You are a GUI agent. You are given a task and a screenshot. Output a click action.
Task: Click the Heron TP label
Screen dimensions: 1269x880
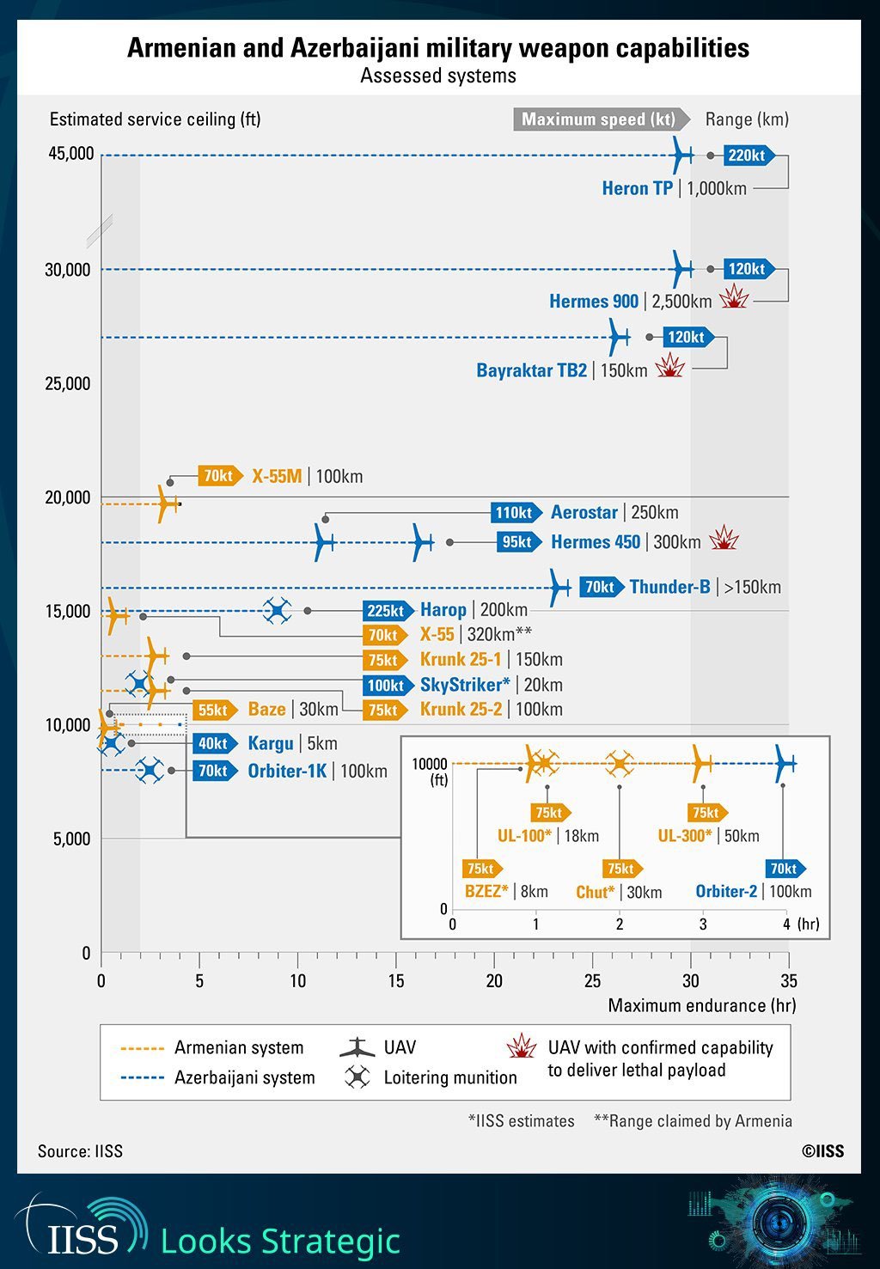click(x=637, y=189)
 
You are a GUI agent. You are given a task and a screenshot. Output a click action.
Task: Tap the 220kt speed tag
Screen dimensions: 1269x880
click(x=748, y=156)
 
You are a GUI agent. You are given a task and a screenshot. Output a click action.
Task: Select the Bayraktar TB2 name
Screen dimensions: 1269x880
click(x=532, y=370)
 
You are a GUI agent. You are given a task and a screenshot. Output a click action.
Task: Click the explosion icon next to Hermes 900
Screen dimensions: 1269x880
click(x=734, y=298)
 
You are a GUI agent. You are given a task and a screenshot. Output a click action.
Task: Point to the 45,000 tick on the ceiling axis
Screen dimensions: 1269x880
click(x=70, y=154)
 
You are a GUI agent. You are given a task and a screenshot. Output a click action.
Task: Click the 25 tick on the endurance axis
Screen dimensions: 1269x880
click(x=592, y=981)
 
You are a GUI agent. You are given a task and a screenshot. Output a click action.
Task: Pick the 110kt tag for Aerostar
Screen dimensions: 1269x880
click(x=515, y=513)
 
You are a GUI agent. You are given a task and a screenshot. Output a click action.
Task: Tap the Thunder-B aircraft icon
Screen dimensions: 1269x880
click(x=559, y=588)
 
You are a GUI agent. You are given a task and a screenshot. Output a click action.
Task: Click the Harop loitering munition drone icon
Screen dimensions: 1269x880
click(x=277, y=611)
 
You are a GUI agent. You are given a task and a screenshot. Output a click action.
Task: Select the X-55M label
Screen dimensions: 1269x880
click(x=277, y=476)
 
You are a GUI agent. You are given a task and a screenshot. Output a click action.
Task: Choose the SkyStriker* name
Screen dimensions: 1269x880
click(x=465, y=685)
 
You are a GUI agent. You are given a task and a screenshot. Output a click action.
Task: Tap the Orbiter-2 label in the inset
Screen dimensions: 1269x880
click(x=726, y=892)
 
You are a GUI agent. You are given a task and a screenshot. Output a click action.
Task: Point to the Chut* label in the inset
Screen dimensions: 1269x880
click(x=596, y=893)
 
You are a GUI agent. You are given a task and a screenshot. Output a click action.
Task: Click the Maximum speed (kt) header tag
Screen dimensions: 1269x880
click(x=600, y=119)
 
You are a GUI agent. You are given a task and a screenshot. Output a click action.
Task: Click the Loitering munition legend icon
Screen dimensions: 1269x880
click(x=357, y=1077)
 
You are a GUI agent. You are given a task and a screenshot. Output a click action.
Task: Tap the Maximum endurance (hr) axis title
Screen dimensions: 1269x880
click(x=701, y=1005)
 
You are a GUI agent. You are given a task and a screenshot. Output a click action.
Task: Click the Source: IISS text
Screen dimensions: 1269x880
click(x=80, y=1151)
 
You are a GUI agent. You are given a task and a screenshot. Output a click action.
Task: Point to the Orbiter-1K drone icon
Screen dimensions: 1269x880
click(x=150, y=770)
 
